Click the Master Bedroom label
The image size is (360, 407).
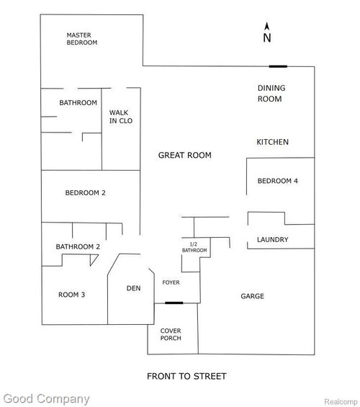[81, 38]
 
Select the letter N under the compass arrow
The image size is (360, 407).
[267, 37]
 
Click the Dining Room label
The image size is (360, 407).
[271, 94]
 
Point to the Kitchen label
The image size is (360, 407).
[273, 142]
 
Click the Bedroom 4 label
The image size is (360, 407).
[277, 181]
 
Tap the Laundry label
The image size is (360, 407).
[273, 239]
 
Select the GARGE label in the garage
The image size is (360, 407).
[252, 296]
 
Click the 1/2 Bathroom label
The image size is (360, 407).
[193, 247]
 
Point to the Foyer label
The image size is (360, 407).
[171, 282]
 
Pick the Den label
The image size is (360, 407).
[133, 288]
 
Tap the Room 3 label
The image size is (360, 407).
[72, 294]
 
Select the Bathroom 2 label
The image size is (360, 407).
[78, 247]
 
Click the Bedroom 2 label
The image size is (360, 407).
[86, 192]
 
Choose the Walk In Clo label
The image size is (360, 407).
[120, 116]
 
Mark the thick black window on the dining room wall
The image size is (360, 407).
[278, 66]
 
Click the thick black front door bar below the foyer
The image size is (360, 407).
[174, 303]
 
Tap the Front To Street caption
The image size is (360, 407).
[186, 376]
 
